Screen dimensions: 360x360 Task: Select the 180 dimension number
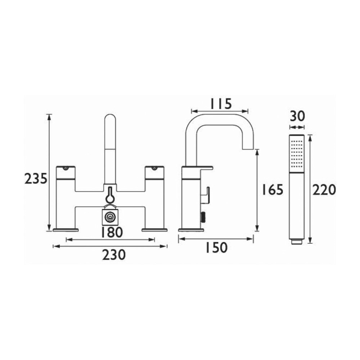pyautogui.click(x=111, y=233)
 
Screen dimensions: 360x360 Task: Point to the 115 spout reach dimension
pyautogui.click(x=220, y=104)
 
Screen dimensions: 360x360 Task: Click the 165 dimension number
pyautogui.click(x=271, y=190)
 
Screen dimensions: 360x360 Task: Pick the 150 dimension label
pyautogui.click(x=215, y=248)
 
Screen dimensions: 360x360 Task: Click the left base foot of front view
pyautogui.click(x=66, y=228)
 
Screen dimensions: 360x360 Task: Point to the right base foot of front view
pyautogui.click(x=155, y=228)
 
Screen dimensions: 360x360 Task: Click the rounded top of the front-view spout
pyautogui.click(x=111, y=119)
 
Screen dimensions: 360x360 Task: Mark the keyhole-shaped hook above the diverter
pyautogui.click(x=111, y=197)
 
